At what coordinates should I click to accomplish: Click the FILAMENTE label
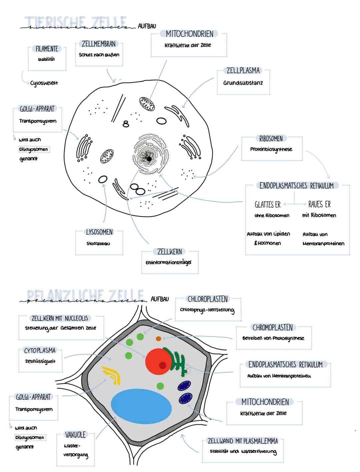click(47, 49)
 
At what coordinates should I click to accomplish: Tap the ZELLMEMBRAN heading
click(99, 44)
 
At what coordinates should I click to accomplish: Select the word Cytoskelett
click(44, 83)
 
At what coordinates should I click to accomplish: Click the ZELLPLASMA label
click(243, 71)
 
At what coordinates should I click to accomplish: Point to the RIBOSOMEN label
click(271, 139)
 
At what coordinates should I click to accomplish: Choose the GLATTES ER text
click(267, 205)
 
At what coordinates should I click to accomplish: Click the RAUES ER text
click(319, 204)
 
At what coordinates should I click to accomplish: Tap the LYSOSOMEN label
click(99, 232)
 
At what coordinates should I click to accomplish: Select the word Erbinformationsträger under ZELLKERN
click(169, 262)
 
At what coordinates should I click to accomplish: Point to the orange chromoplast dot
click(158, 339)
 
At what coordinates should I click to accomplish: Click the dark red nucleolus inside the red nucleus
click(163, 365)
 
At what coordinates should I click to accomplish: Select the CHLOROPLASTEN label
click(208, 299)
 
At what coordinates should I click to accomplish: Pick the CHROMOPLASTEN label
click(273, 328)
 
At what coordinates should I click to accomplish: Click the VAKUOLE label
click(75, 435)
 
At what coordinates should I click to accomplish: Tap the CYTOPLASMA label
click(40, 350)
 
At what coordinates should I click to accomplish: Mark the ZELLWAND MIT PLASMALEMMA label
click(243, 441)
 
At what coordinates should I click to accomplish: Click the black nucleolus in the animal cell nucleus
click(149, 159)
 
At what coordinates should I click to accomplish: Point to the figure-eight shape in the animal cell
click(126, 124)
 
